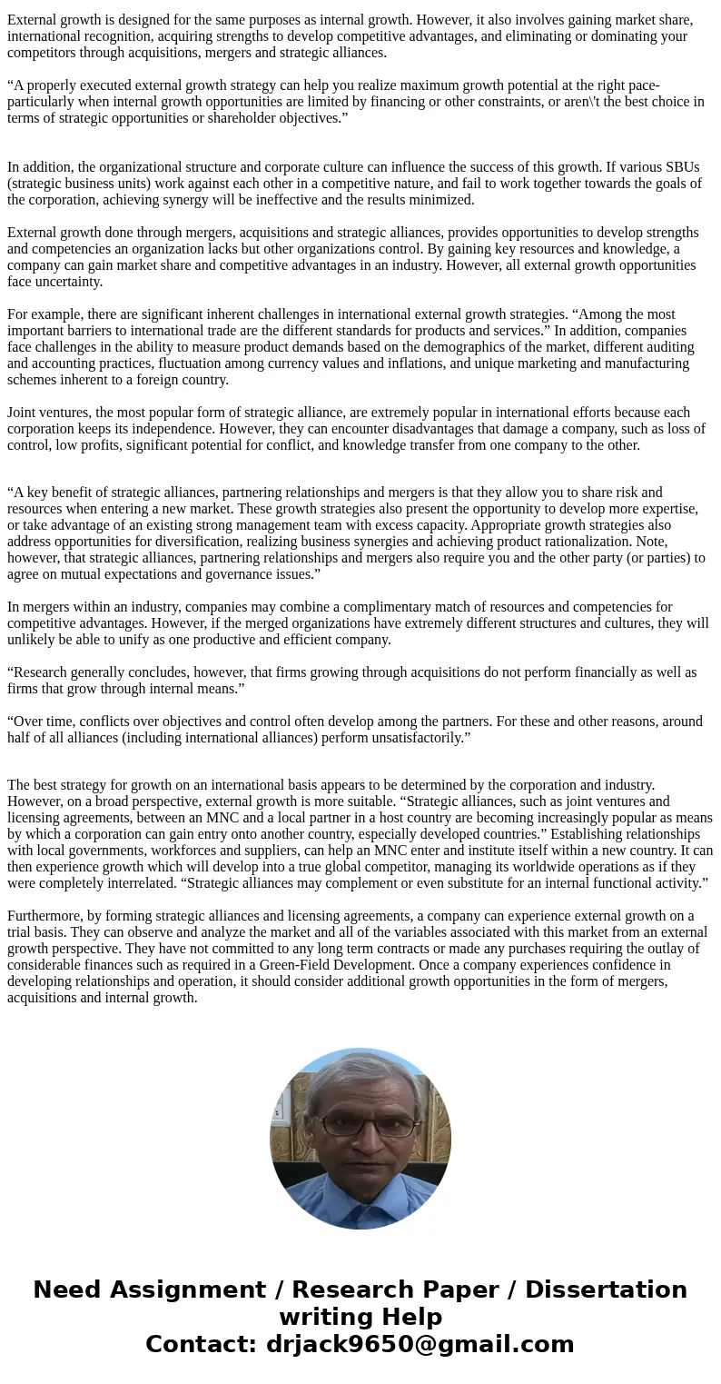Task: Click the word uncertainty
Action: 69,281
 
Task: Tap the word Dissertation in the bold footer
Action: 606,1289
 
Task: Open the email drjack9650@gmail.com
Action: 420,1344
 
